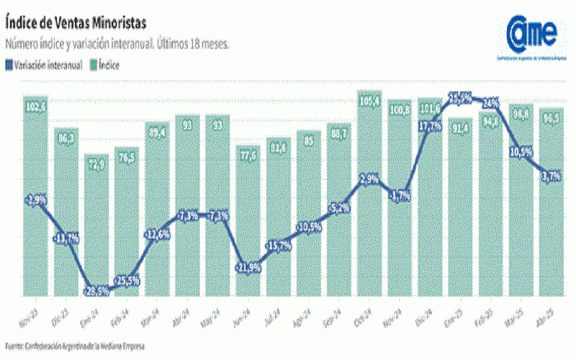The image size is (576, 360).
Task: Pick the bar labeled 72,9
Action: click(x=96, y=223)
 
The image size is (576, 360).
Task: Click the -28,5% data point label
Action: click(x=96, y=290)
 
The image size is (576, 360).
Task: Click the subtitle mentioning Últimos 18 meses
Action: click(x=117, y=45)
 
